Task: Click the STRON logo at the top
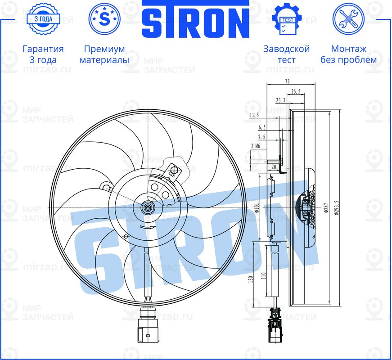196,20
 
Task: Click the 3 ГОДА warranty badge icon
43,19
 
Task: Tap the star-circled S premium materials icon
104,19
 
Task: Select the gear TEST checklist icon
286,19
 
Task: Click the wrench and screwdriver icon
348,19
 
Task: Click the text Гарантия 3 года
43,54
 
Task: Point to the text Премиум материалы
104,54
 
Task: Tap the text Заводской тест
286,54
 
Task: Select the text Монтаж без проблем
348,54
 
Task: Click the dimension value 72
288,81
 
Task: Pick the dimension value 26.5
296,91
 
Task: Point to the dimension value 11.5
254,116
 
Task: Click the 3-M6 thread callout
256,146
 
